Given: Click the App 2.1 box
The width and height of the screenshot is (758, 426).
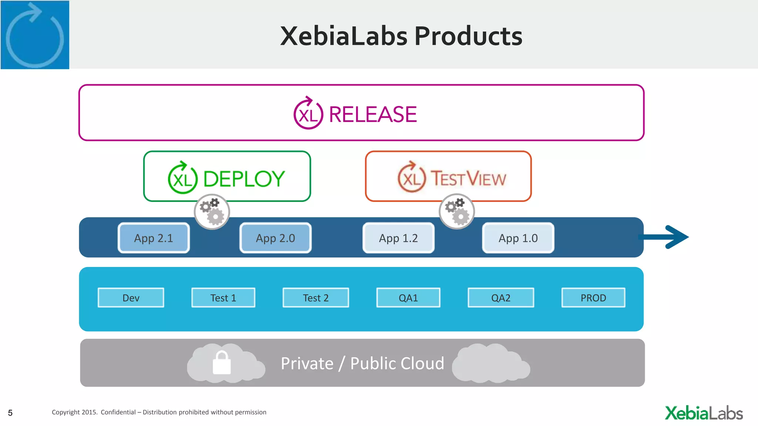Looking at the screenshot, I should (x=154, y=238).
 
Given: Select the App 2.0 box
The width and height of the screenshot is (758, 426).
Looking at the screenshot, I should (x=275, y=238).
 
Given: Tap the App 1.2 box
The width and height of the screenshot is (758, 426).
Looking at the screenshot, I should (x=398, y=238).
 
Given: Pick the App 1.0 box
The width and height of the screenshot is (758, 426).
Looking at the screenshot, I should (x=518, y=238).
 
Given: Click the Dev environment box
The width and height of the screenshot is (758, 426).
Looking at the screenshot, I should (x=131, y=298).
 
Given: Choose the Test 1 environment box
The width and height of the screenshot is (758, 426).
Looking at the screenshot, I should (x=223, y=298).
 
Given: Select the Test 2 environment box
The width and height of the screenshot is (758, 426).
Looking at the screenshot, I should (x=316, y=298).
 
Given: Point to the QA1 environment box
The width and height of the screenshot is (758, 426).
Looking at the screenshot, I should (x=408, y=298).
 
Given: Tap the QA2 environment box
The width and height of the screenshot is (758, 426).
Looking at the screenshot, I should (x=501, y=298).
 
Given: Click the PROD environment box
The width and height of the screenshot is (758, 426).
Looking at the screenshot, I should (x=593, y=298).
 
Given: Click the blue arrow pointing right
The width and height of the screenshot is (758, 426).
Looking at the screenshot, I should (x=666, y=237).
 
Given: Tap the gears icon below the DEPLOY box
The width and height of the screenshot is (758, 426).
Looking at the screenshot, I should (x=212, y=212).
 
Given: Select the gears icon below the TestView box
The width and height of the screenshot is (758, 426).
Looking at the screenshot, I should (x=457, y=212).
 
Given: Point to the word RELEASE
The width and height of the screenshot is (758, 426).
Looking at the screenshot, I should (x=373, y=114).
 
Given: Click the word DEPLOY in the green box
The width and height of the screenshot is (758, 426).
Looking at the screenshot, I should (x=244, y=179).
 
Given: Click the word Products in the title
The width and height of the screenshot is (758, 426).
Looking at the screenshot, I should (x=468, y=36).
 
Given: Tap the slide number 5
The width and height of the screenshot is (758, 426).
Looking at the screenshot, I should (x=10, y=413).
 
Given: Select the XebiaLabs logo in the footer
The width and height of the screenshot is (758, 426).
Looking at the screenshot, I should (x=704, y=413).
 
